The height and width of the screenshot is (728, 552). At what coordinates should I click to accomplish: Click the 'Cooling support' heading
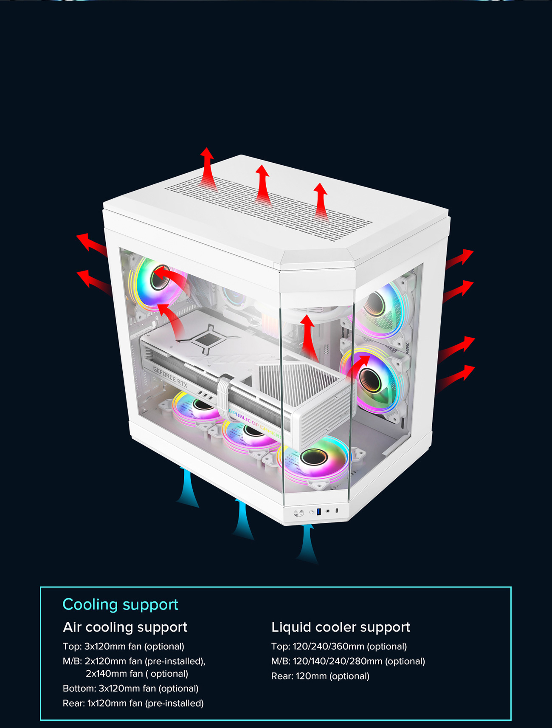[120, 604]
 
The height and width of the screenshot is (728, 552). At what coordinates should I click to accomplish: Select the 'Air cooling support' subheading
[125, 627]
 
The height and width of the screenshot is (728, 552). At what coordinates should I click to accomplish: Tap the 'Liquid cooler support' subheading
[341, 627]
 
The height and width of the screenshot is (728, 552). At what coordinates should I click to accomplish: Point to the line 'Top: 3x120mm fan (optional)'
[123, 646]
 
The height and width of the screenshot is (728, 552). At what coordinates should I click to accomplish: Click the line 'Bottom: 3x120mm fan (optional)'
[130, 688]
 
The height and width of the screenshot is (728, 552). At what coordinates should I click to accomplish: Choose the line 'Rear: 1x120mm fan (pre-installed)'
[133, 703]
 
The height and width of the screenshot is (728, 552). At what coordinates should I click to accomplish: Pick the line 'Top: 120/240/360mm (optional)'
[339, 646]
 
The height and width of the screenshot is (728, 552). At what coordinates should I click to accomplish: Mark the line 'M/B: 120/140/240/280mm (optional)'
[348, 661]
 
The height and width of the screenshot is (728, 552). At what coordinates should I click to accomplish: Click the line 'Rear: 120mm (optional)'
[320, 676]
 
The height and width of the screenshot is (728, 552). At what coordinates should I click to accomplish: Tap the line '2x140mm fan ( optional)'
[137, 674]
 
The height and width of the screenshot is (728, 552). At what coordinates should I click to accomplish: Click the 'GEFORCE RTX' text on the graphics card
[170, 377]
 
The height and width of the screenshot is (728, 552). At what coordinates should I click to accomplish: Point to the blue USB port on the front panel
[318, 511]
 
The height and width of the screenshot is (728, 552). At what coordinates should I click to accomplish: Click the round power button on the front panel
[299, 513]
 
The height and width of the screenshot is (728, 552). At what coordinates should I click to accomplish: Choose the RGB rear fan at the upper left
[158, 282]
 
